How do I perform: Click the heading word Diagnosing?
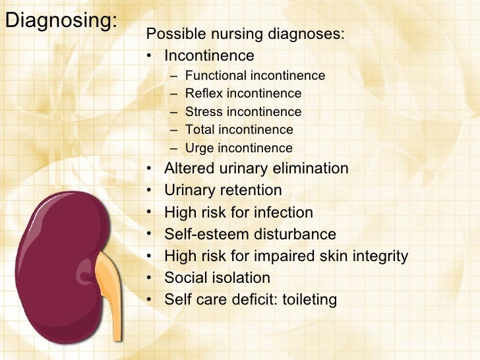(60, 21)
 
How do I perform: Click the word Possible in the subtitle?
(168, 34)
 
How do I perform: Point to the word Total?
(200, 130)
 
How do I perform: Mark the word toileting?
(309, 300)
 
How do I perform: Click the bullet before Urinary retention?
(150, 191)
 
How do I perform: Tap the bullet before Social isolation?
(150, 278)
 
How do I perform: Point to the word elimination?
(311, 169)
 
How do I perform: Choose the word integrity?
(380, 256)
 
